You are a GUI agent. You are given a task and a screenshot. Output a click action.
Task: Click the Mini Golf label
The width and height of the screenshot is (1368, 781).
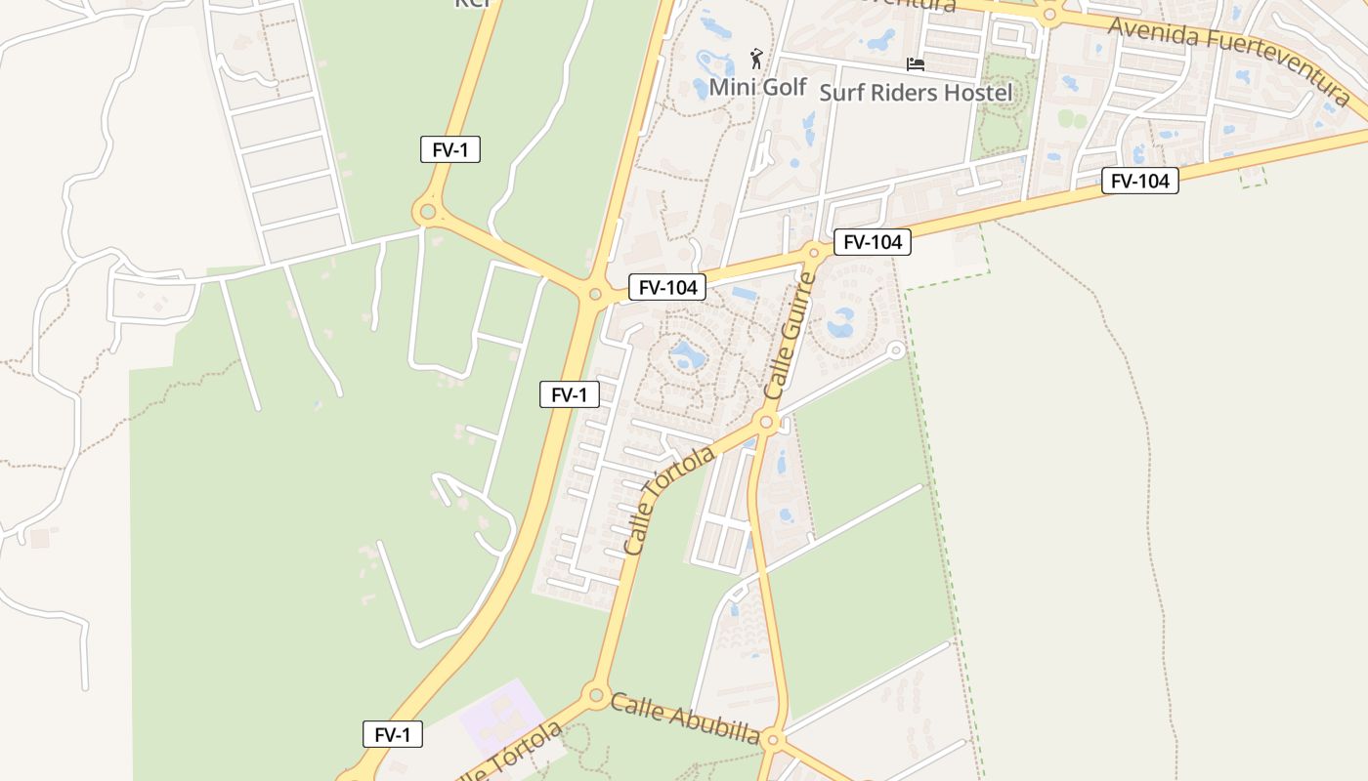pyautogui.click(x=757, y=87)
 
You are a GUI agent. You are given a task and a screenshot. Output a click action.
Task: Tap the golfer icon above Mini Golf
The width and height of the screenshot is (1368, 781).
pyautogui.click(x=755, y=59)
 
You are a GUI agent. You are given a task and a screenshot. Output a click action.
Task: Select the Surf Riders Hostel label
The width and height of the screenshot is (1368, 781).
pyautogui.click(x=916, y=93)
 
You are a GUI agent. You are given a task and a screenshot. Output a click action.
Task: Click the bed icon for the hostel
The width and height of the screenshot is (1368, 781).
pyautogui.click(x=916, y=64)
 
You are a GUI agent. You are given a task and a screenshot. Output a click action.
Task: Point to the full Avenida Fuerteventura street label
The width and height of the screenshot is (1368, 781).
pyautogui.click(x=1229, y=61)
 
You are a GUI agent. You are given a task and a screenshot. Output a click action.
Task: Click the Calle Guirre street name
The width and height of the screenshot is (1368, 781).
pyautogui.click(x=790, y=335)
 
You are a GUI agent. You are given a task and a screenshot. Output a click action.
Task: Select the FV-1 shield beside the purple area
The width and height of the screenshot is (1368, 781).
pyautogui.click(x=393, y=735)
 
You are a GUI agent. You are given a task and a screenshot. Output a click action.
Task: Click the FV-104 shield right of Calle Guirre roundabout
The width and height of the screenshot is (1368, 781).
pyautogui.click(x=872, y=242)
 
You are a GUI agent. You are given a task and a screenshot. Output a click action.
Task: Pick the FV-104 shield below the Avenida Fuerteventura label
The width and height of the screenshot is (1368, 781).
pyautogui.click(x=1139, y=181)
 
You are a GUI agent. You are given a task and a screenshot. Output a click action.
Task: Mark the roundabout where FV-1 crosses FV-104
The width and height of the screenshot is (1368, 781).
pyautogui.click(x=594, y=293)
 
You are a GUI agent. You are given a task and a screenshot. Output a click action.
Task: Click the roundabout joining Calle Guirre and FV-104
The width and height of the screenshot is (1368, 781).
pyautogui.click(x=813, y=253)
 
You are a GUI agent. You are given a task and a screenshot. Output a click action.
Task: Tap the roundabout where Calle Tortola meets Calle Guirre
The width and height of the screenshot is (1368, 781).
pyautogui.click(x=766, y=424)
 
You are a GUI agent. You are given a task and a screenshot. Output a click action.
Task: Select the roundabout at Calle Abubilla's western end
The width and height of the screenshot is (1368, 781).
pyautogui.click(x=595, y=695)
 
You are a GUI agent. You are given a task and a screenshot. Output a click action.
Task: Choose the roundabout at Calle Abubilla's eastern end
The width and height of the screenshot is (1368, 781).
pyautogui.click(x=772, y=738)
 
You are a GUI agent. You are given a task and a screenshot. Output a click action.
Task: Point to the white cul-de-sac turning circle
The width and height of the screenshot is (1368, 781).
pyautogui.click(x=894, y=349)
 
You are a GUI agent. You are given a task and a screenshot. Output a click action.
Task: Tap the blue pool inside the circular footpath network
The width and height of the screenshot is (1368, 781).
pyautogui.click(x=687, y=355)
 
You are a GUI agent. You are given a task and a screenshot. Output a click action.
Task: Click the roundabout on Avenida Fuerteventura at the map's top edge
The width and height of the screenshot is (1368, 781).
pyautogui.click(x=1050, y=15)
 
